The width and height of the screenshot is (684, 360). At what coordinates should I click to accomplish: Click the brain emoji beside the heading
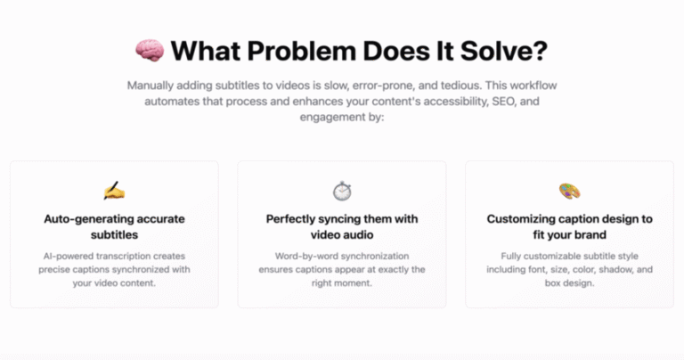point(150,51)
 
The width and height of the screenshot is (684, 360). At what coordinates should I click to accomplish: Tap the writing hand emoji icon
point(114,191)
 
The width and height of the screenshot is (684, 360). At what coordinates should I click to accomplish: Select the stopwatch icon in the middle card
point(342,191)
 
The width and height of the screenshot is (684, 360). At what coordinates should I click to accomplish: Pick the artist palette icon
point(570,191)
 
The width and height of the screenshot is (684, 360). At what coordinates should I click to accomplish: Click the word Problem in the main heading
point(302,51)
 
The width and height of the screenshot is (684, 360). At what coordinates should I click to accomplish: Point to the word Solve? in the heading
point(504,51)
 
